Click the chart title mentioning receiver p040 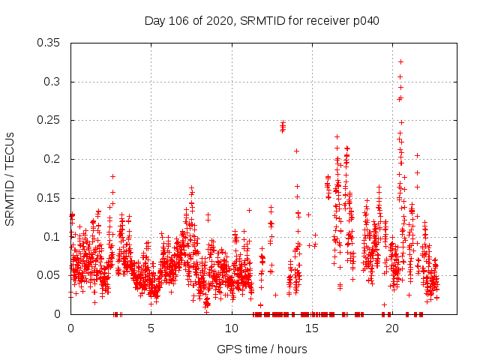[262, 21]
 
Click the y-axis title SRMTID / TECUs [10, 178]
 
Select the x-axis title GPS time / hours [262, 349]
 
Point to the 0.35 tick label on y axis [50, 43]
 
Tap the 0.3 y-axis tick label [53, 82]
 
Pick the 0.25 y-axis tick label [50, 121]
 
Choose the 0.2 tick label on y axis [53, 159]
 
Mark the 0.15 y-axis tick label [50, 198]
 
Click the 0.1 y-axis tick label [53, 237]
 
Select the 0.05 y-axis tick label [50, 275]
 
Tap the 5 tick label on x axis [151, 328]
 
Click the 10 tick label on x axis [232, 328]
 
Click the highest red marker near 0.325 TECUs [400, 61]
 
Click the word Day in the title [155, 21]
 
